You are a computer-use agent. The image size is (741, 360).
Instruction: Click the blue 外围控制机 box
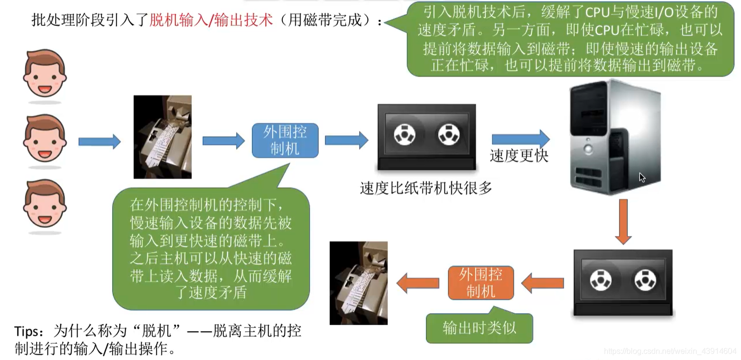coord(285,140)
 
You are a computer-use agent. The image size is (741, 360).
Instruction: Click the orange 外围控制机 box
coord(481,283)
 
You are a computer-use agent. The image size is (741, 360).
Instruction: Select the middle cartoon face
coord(44,139)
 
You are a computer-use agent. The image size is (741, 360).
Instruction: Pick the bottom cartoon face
coord(44,204)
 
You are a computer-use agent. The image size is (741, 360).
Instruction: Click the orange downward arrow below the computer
coord(623,221)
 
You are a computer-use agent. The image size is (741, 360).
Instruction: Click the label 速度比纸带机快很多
coord(425,188)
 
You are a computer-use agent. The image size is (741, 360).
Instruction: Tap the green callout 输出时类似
coord(479,328)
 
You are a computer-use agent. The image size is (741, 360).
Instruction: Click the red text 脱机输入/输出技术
coord(211,20)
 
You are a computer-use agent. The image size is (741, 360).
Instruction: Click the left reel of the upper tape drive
coord(404,134)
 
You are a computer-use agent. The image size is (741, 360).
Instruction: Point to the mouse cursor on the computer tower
coord(642,178)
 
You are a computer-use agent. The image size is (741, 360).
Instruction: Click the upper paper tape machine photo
coord(162,137)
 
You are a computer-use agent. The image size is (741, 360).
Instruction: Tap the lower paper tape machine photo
coord(359,283)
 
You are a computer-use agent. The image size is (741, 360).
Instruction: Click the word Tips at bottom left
coord(29,332)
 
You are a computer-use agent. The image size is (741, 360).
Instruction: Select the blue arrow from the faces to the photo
coord(99,141)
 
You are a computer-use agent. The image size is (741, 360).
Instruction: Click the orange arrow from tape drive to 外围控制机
coord(542,283)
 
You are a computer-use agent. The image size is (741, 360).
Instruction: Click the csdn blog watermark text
coord(669,351)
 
